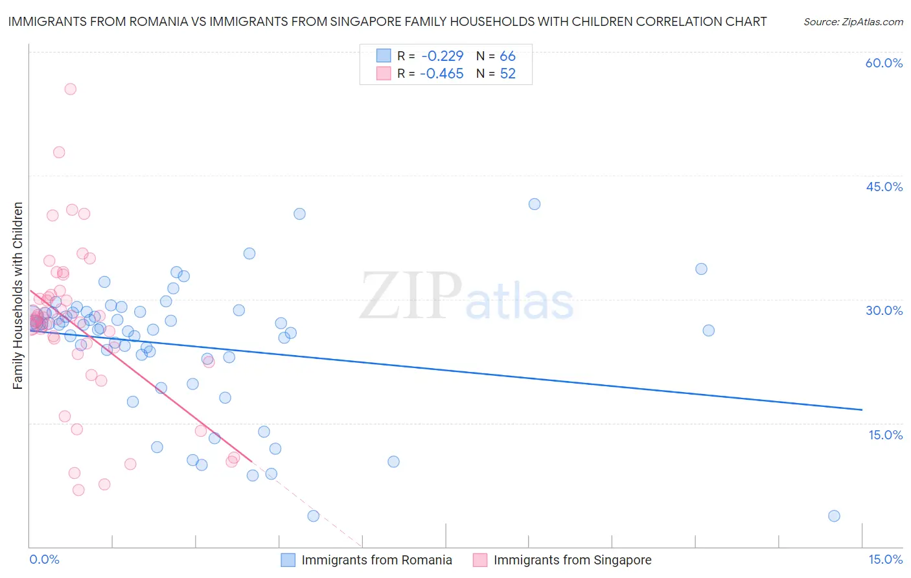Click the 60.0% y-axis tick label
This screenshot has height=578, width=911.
[x=884, y=63]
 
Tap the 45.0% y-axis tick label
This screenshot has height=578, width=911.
[x=884, y=187]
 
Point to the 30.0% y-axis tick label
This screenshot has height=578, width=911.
[x=884, y=310]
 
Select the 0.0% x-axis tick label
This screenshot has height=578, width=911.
[x=44, y=559]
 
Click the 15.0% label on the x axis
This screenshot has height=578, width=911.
[x=885, y=559]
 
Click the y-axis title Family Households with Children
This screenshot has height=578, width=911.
[x=18, y=295]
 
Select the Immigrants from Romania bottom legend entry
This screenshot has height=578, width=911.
[x=376, y=560]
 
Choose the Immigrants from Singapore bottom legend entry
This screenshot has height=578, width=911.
[x=571, y=560]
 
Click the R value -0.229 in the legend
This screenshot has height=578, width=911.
[x=441, y=56]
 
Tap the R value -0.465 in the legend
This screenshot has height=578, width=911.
[x=441, y=74]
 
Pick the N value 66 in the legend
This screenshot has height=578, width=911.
[x=507, y=56]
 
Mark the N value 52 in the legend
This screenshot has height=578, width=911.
[x=507, y=74]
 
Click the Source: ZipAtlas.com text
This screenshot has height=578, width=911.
[x=853, y=21]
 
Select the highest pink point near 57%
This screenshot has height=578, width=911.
[x=70, y=89]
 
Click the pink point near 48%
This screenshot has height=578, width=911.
[x=59, y=152]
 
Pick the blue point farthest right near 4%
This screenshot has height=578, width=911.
[x=834, y=516]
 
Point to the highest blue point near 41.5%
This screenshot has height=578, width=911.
[x=535, y=204]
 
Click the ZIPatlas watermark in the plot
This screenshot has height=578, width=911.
[x=467, y=297]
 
